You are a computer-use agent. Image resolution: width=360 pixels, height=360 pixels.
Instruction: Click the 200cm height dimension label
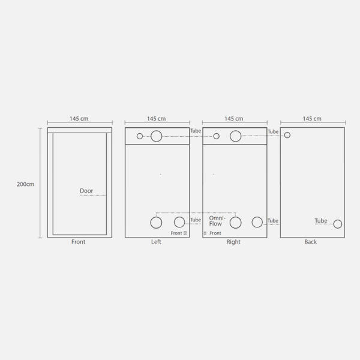point(25,184)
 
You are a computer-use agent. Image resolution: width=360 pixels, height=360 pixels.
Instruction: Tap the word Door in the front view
point(86,191)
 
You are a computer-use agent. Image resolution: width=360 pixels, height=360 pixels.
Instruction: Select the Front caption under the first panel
point(78,242)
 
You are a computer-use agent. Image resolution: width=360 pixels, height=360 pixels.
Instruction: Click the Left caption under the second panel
point(156,242)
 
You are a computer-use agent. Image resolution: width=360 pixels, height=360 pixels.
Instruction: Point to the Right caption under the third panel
point(233,242)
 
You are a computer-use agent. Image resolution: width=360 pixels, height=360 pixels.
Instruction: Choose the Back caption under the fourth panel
point(311,242)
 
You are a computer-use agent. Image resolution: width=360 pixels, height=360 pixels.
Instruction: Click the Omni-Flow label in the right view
point(217,221)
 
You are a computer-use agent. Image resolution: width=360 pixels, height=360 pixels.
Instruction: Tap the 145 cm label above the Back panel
point(312,119)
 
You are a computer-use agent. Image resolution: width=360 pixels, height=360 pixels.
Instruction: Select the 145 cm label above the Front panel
point(79,119)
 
